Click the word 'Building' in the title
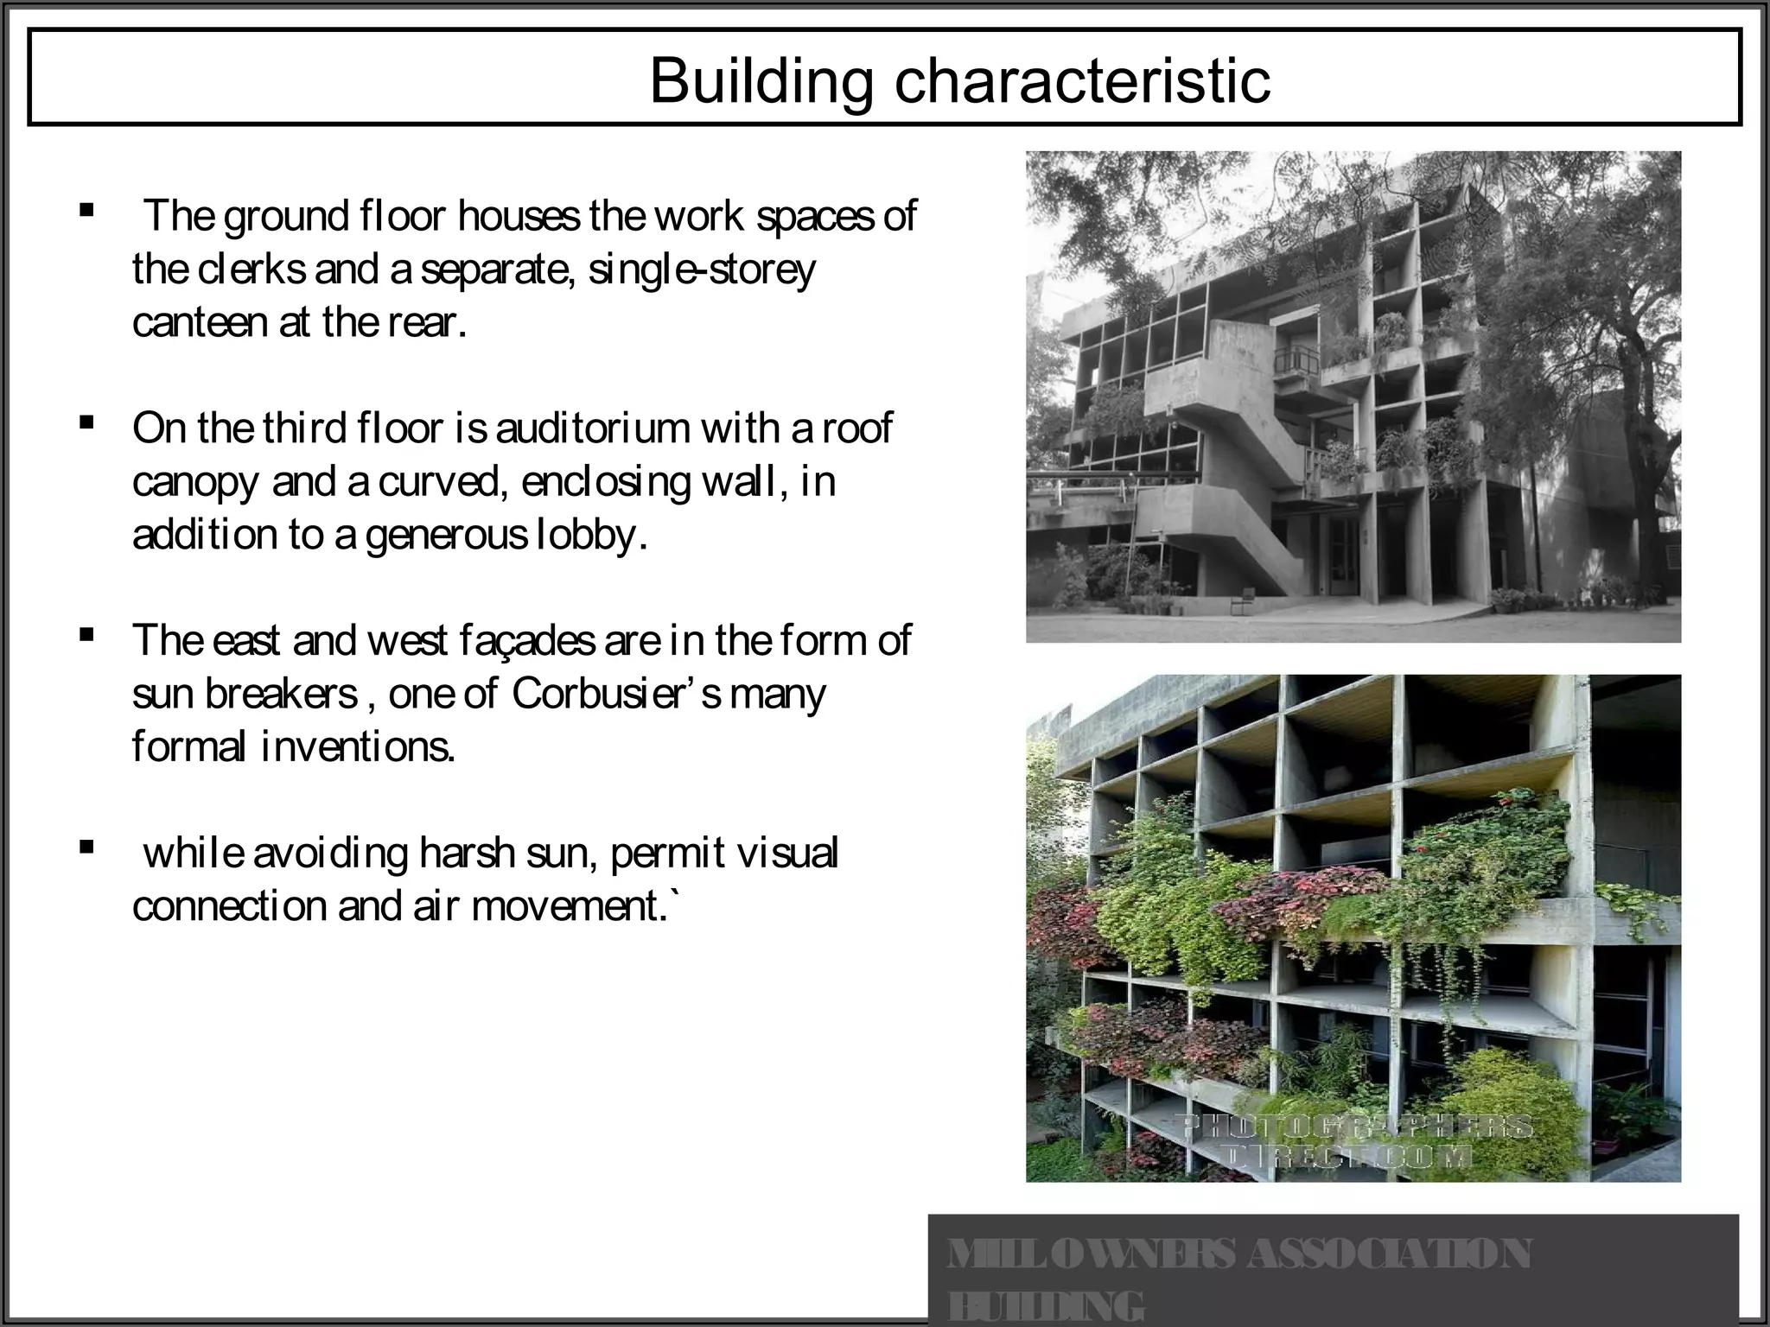(x=761, y=80)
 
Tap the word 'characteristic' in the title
(x=1081, y=80)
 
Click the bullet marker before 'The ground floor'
(x=86, y=210)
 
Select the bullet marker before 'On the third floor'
(x=86, y=422)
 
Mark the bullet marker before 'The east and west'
(x=86, y=635)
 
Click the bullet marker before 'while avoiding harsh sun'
(x=86, y=848)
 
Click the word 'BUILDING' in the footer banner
(x=1047, y=1306)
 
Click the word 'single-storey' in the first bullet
(x=701, y=270)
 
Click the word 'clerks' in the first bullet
(x=251, y=270)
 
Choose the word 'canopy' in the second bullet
(x=196, y=482)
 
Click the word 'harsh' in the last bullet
(x=468, y=853)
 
